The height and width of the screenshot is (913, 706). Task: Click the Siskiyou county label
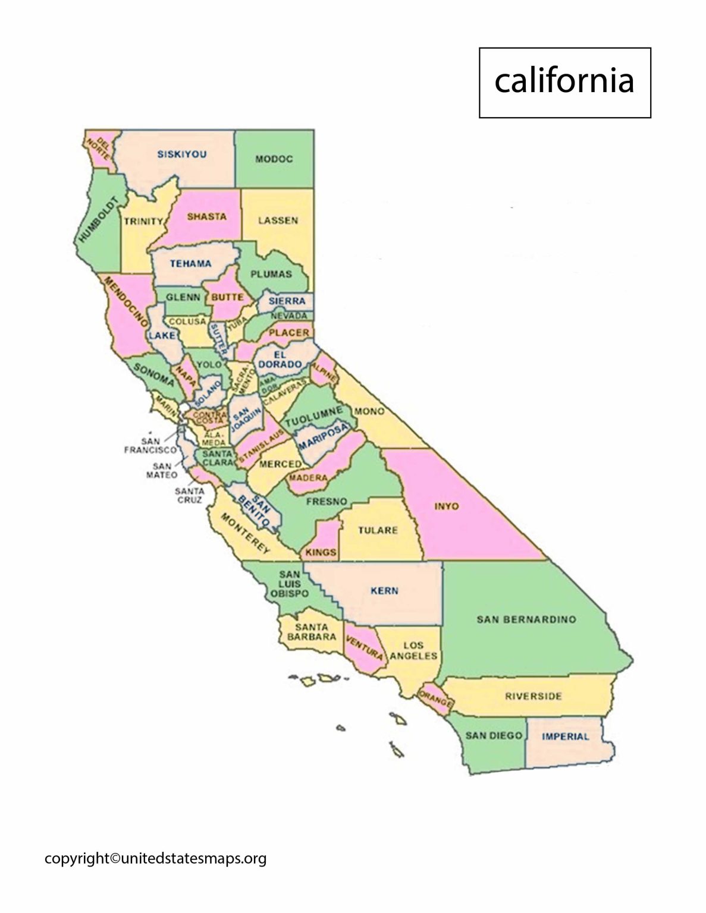(182, 155)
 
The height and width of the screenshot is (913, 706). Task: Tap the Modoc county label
(274, 159)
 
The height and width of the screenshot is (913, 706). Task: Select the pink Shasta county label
(206, 217)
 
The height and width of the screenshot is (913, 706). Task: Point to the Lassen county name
(278, 221)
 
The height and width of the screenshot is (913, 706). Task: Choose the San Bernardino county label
(526, 619)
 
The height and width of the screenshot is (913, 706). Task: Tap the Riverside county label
(533, 696)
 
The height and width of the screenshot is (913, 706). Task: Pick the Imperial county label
(565, 736)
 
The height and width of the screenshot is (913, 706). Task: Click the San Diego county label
(494, 736)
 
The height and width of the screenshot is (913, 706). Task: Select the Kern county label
(384, 591)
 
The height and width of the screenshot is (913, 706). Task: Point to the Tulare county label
(378, 530)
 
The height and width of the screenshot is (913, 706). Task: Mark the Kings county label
(321, 552)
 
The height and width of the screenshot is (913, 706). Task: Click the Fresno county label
(327, 502)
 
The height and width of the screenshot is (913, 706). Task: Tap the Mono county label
(369, 411)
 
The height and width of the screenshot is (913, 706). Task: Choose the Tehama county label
(190, 264)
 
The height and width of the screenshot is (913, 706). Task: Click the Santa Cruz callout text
(189, 495)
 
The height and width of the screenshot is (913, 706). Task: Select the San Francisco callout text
(150, 446)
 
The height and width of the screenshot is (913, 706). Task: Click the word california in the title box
(564, 81)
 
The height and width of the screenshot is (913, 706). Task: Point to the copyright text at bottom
(155, 858)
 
